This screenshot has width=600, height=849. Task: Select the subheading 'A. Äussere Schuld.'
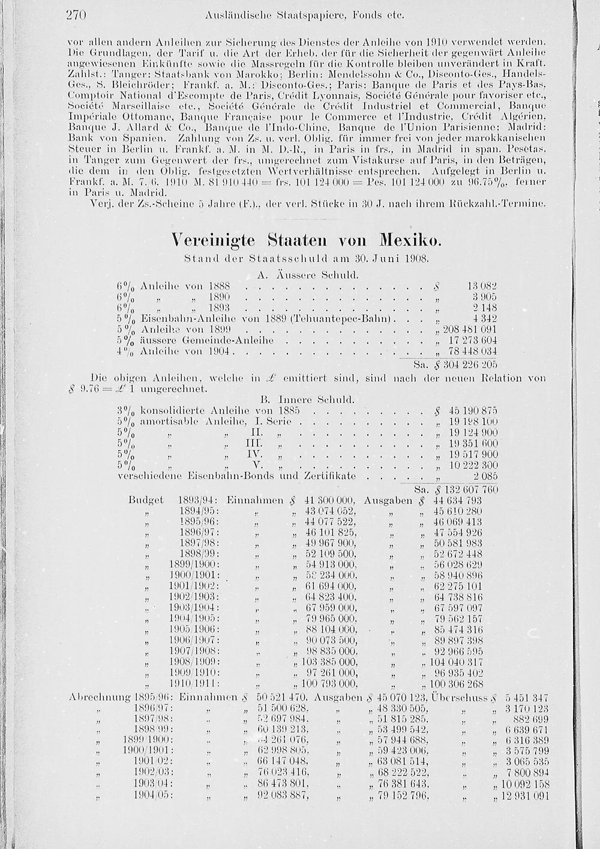(307, 275)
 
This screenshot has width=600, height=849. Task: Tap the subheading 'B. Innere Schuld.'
(308, 399)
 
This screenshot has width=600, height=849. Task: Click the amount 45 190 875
(473, 410)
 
